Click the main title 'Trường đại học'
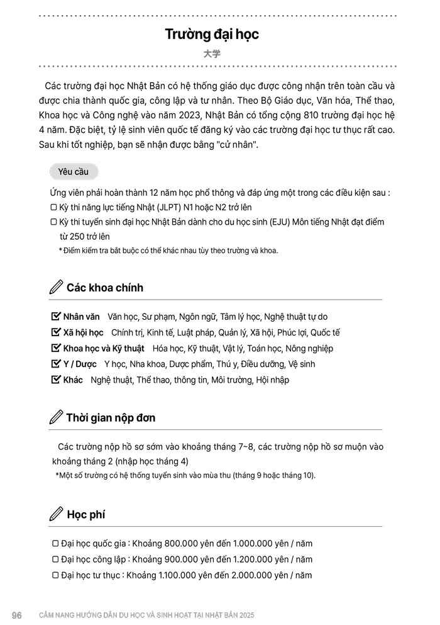pyautogui.click(x=212, y=34)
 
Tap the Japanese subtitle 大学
pyautogui.click(x=212, y=54)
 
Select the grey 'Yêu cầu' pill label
pyautogui.click(x=73, y=171)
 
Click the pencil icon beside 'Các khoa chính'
pyautogui.click(x=56, y=288)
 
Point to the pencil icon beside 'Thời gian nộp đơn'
pyautogui.click(x=56, y=417)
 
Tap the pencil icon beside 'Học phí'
pyautogui.click(x=56, y=514)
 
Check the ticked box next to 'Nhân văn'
pyautogui.click(x=55, y=317)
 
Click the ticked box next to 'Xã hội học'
pyautogui.click(x=55, y=332)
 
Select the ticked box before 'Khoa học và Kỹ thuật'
pyautogui.click(x=55, y=348)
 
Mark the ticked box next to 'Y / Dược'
pyautogui.click(x=55, y=364)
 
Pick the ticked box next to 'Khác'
pyautogui.click(x=55, y=380)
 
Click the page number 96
pyautogui.click(x=17, y=615)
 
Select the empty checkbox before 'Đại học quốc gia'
pyautogui.click(x=55, y=543)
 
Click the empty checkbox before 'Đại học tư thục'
pyautogui.click(x=55, y=575)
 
